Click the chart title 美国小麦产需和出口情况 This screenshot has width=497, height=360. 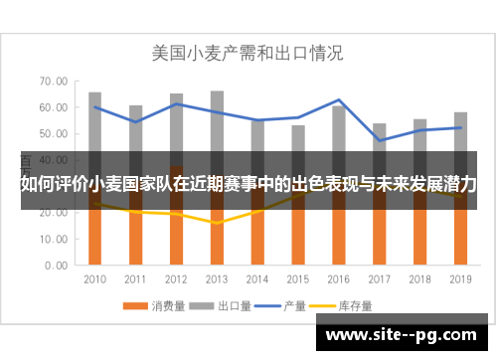247,52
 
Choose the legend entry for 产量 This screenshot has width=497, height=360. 288,304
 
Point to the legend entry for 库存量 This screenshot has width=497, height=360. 348,304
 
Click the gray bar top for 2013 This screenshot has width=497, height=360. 217,92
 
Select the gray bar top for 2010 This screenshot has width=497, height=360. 95,93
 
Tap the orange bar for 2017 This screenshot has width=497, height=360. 380,239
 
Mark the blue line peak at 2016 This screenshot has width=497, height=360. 339,100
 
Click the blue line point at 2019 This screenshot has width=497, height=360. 460,127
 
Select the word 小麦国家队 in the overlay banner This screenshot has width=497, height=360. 126,184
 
